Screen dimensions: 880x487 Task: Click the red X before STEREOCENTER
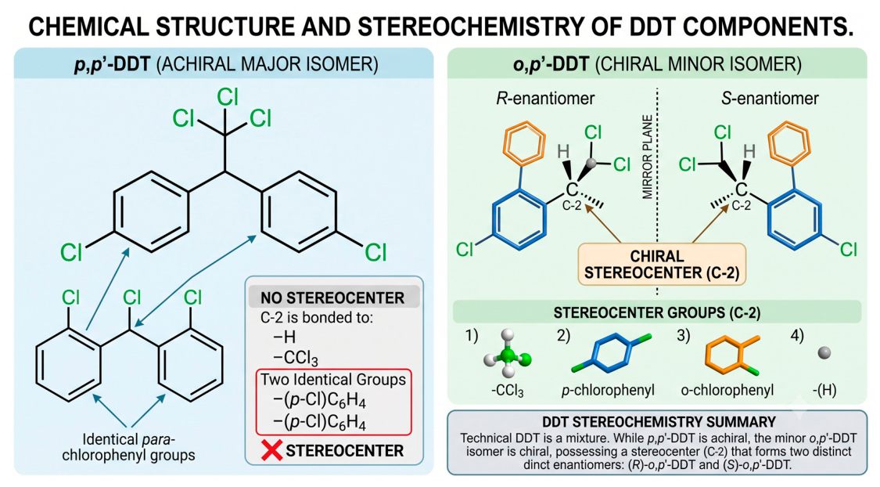tap(272, 450)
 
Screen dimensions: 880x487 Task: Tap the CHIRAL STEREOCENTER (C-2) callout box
tap(662, 264)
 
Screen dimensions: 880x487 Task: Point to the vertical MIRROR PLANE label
tap(648, 157)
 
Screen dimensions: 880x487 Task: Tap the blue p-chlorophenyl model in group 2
tap(612, 354)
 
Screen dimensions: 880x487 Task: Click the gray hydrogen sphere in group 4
tap(824, 353)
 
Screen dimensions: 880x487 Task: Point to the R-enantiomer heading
tap(545, 99)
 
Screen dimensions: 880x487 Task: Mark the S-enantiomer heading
tap(770, 99)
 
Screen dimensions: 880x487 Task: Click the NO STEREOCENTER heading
tap(332, 298)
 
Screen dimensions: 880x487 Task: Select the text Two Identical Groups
tap(333, 379)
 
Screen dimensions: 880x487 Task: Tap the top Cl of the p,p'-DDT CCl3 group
tap(228, 96)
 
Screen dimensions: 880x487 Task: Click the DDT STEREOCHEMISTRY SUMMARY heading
tap(659, 422)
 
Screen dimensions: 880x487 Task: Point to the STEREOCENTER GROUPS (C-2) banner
tap(657, 312)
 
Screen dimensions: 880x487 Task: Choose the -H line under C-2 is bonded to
tap(284, 337)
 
